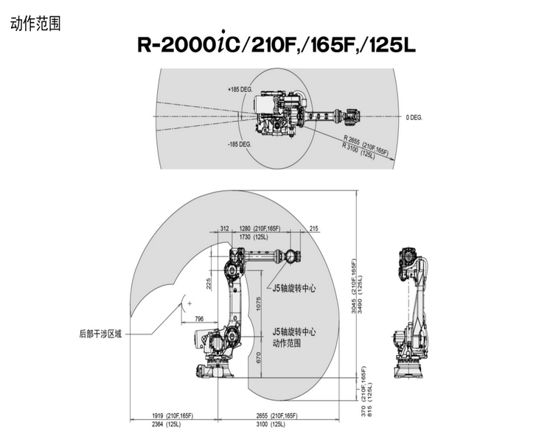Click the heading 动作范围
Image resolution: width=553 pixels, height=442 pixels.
tap(35, 24)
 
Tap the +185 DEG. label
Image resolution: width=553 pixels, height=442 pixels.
tap(240, 90)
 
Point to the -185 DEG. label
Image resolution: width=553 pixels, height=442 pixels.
tap(240, 144)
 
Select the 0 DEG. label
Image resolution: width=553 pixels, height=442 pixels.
tap(414, 117)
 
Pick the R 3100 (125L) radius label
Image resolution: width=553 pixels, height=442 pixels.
tap(358, 150)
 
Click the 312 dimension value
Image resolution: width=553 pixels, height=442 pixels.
tap(225, 228)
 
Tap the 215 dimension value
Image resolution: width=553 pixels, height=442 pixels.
tap(313, 228)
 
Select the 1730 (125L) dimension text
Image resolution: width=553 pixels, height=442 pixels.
tap(254, 237)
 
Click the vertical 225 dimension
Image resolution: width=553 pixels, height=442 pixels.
tap(209, 284)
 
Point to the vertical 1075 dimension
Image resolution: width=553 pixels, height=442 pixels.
tap(258, 304)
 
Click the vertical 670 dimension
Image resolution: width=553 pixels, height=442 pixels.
tap(258, 357)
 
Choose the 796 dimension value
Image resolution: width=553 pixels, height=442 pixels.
tap(199, 319)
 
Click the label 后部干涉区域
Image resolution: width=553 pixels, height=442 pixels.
tap(100, 334)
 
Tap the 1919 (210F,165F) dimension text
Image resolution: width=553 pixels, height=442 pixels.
tap(173, 416)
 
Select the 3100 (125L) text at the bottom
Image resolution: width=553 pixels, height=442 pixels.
tap(271, 424)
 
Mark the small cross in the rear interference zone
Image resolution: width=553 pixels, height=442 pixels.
tap(189, 303)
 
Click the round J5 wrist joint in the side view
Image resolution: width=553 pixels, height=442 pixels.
tap(291, 256)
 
